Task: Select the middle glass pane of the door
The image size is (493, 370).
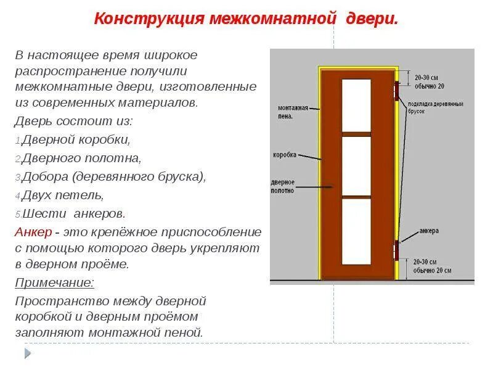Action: point(356,165)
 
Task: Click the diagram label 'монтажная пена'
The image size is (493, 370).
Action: point(292,112)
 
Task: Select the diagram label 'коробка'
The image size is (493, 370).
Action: point(285,154)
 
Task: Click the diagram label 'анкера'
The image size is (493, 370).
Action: point(429,231)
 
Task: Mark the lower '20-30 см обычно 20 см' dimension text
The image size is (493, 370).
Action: point(433,266)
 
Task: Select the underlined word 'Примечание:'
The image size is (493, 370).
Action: point(55,283)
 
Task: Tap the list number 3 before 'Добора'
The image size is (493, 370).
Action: point(18,178)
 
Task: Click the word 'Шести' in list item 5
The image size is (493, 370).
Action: point(45,214)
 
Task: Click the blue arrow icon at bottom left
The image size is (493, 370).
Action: point(27,353)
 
